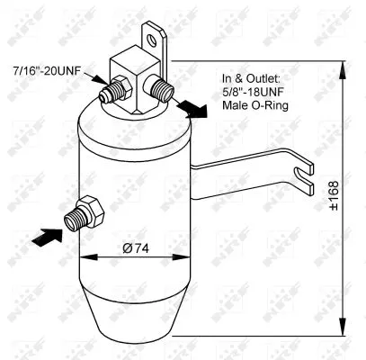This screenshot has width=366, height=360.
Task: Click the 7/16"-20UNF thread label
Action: [47, 71]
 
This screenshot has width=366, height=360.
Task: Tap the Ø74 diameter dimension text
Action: [136, 248]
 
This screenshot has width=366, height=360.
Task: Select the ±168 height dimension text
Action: [334, 195]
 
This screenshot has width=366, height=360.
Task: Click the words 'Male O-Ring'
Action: [255, 105]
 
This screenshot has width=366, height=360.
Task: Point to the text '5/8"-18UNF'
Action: [253, 92]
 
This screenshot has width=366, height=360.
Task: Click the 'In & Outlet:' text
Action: [251, 79]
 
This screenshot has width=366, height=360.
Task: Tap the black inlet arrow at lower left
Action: [48, 237]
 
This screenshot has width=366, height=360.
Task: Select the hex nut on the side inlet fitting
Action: [91, 211]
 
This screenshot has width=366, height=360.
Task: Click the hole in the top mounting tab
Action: [151, 40]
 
